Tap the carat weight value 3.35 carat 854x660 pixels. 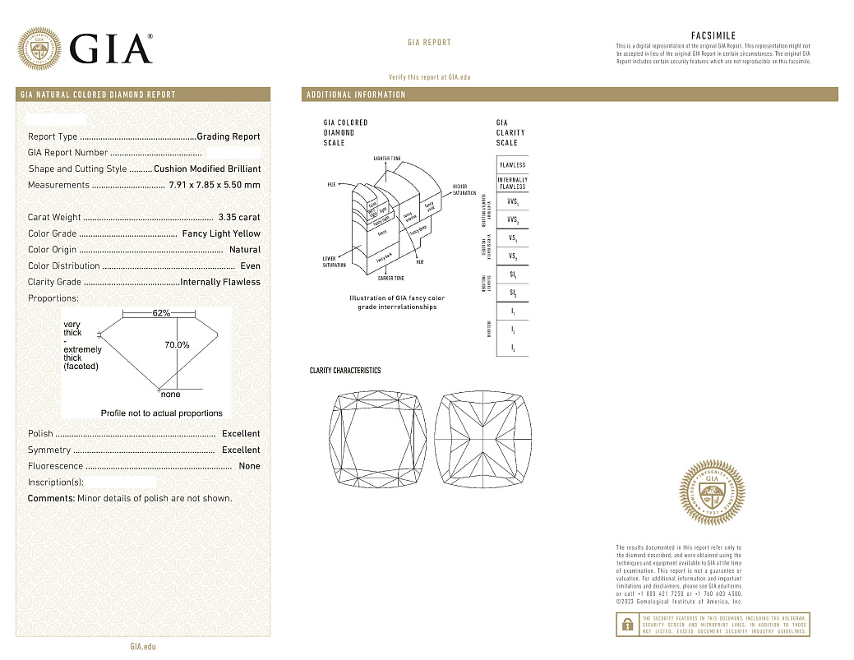(238, 218)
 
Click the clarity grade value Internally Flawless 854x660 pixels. (219, 282)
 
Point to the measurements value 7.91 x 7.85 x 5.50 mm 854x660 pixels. (214, 185)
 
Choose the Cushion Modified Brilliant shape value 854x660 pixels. (207, 168)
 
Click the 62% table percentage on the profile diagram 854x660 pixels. (161, 313)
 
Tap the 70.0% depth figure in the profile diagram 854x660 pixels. (178, 345)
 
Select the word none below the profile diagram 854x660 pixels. (171, 395)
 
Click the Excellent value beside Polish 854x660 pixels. (241, 434)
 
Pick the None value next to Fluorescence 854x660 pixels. (249, 466)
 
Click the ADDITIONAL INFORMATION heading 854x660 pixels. (356, 95)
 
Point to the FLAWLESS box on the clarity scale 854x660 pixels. (512, 164)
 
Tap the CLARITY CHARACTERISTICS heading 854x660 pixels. (345, 371)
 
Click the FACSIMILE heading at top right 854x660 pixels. (713, 36)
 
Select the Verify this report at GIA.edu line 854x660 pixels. (429, 76)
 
